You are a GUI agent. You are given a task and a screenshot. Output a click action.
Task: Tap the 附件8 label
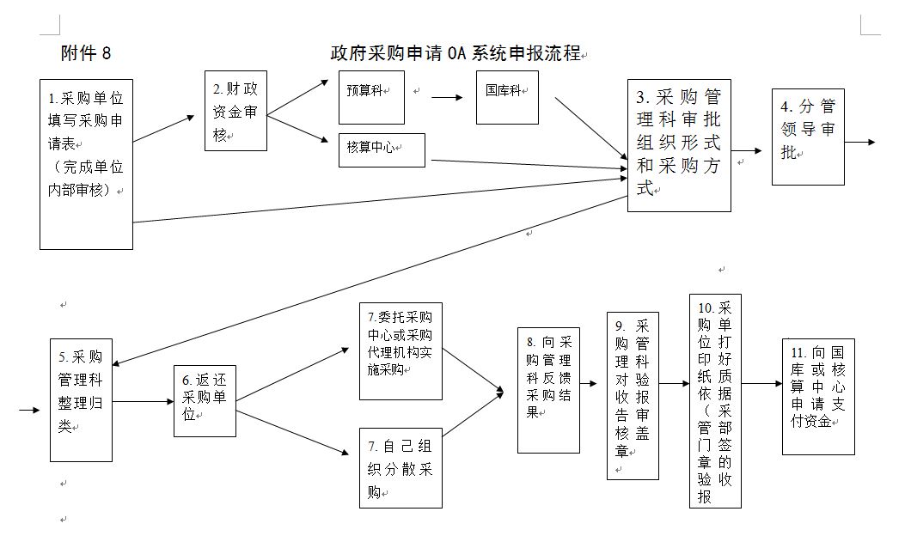[86, 53]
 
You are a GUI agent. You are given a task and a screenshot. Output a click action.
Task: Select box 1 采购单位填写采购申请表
[86, 164]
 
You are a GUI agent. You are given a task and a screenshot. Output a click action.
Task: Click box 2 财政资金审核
[235, 111]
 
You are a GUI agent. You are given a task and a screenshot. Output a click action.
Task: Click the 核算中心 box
[382, 149]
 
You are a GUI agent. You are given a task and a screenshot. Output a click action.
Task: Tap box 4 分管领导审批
[807, 136]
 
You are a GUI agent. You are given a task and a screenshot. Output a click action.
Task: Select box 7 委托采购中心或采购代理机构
[400, 350]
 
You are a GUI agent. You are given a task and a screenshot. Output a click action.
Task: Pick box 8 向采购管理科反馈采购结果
[547, 389]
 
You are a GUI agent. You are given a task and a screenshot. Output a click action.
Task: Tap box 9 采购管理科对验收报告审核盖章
[632, 395]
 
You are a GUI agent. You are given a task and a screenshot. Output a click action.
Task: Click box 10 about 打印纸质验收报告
[715, 400]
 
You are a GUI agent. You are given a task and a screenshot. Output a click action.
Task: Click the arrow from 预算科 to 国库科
[446, 97]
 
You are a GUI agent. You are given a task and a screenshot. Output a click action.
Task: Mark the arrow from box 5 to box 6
[143, 401]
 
